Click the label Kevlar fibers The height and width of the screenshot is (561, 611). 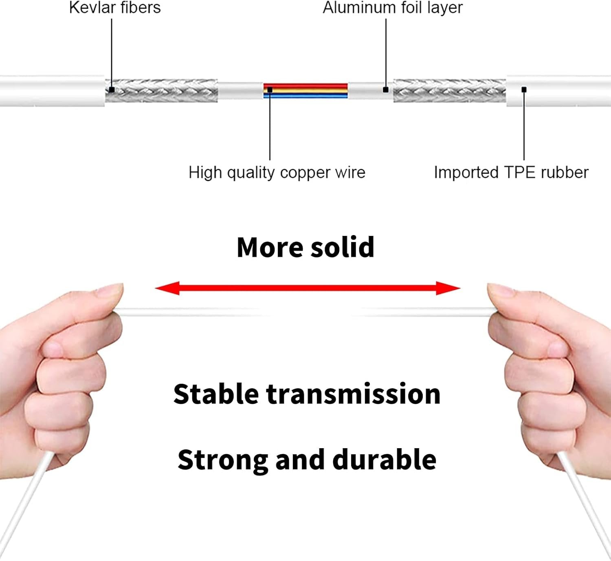115,8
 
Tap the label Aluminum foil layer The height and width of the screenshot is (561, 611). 393,8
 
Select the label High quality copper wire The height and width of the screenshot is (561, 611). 277,173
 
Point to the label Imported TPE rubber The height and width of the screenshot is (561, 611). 511,172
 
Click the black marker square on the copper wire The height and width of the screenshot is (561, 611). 270,90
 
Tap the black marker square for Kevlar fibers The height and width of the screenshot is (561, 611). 112,90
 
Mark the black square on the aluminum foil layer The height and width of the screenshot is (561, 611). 386,90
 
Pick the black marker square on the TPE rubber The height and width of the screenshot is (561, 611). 524,90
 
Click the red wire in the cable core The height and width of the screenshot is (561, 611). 305,86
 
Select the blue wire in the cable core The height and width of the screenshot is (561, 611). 305,96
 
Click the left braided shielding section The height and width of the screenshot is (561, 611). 161,90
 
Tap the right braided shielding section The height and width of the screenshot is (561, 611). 450,90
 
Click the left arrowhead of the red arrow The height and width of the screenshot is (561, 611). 167,288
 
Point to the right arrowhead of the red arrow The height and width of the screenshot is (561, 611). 448,288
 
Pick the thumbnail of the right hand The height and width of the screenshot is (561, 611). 501,290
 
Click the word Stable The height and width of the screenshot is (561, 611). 216,394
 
